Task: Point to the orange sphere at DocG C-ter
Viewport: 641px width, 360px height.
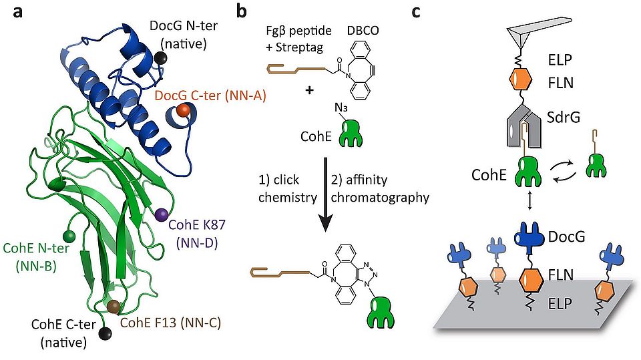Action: coord(182,110)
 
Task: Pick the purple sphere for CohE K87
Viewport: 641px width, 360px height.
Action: coord(162,214)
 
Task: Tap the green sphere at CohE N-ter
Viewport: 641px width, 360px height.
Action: coord(68,235)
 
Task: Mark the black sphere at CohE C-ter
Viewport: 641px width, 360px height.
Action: coord(105,332)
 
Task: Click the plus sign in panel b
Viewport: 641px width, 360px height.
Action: coord(309,89)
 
